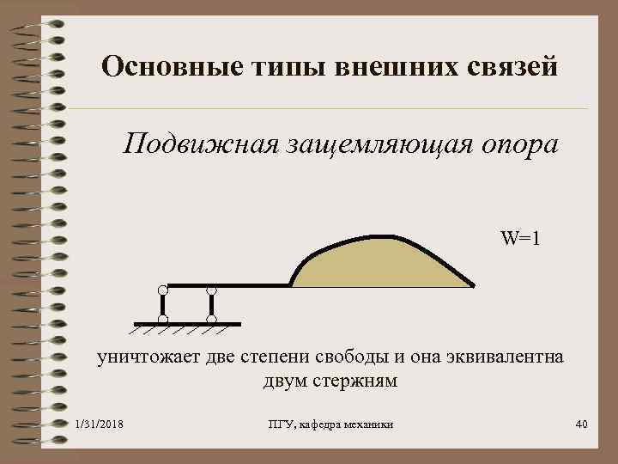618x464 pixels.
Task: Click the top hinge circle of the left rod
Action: [x=162, y=290]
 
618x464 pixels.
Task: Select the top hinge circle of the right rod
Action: [x=211, y=290]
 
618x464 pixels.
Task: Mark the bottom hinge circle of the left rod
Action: [x=162, y=319]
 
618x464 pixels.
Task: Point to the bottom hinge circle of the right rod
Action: [x=211, y=319]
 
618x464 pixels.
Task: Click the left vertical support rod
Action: [x=162, y=304]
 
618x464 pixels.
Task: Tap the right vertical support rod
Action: [x=211, y=304]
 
